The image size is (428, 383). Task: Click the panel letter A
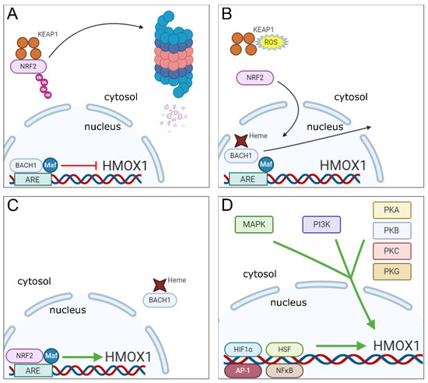click(13, 13)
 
